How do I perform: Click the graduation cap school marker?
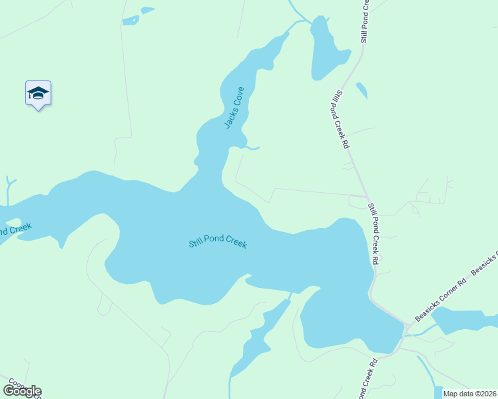click(38, 94)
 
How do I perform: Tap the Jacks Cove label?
click(234, 107)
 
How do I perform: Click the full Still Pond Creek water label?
click(217, 242)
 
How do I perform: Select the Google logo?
click(22, 390)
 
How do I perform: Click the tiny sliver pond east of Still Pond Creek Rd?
click(362, 90)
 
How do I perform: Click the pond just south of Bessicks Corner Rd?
click(466, 321)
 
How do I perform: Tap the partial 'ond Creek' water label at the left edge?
click(15, 230)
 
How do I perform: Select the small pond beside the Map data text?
click(437, 391)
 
